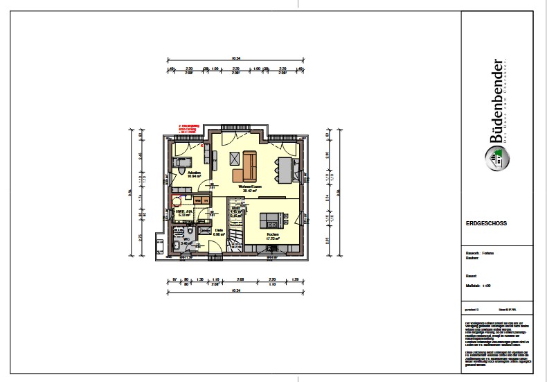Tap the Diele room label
click(x=218, y=230)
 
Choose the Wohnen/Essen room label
click(x=249, y=186)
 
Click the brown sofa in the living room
click(x=246, y=166)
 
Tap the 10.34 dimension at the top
click(x=235, y=58)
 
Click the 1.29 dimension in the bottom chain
click(x=296, y=279)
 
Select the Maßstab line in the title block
click(x=478, y=285)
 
